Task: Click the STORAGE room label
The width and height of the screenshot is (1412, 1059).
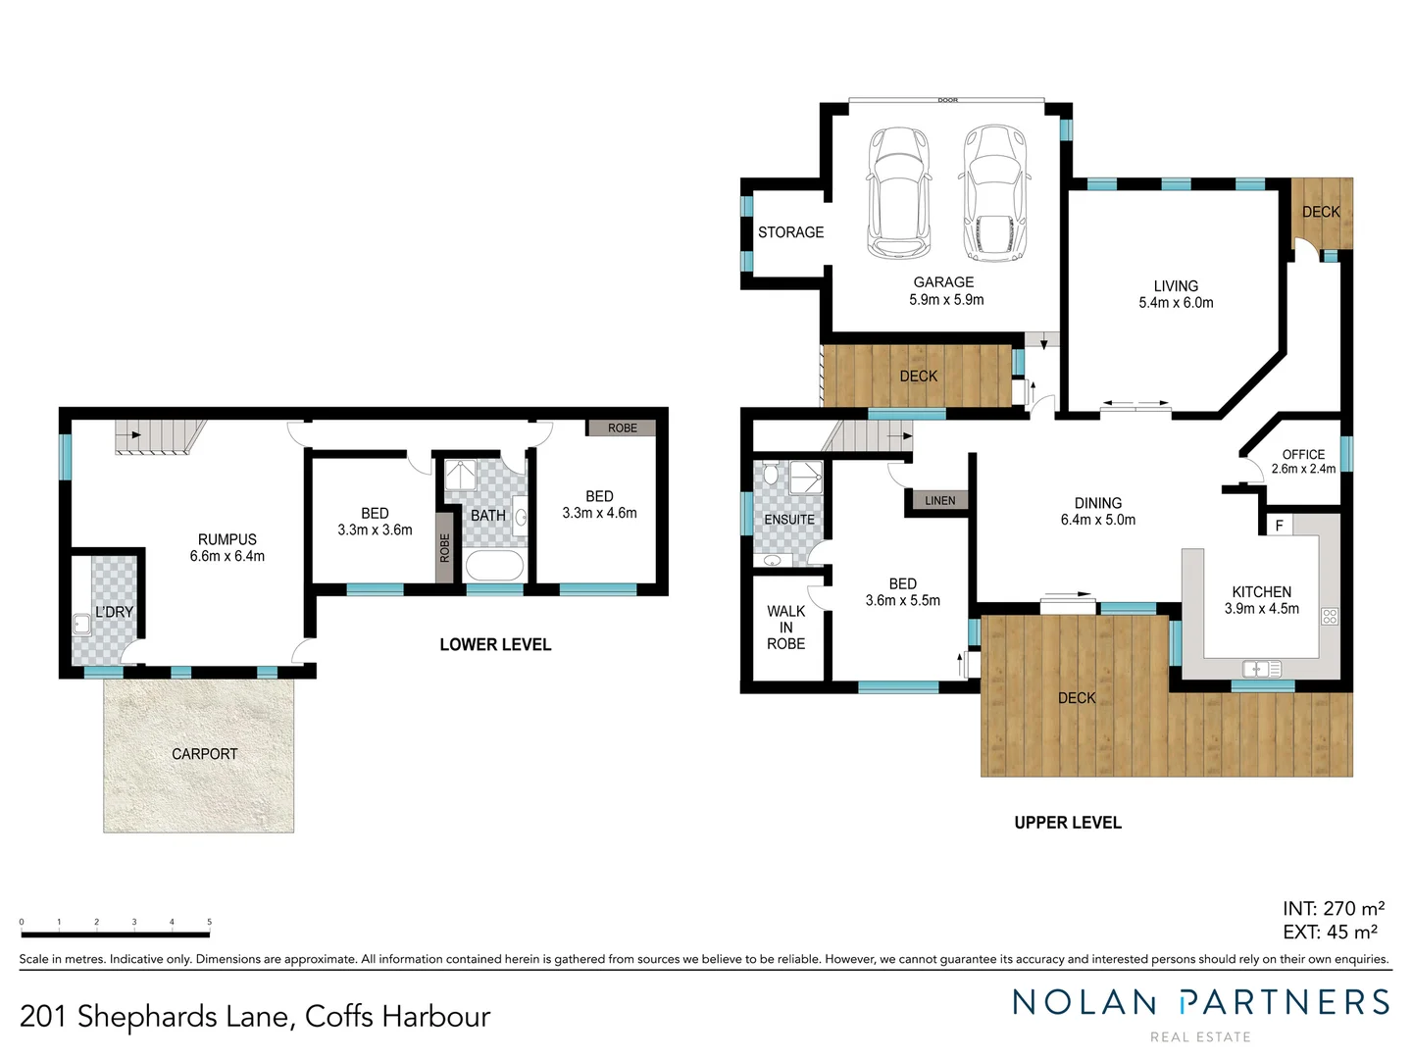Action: click(790, 232)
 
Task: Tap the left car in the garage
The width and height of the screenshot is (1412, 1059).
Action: click(897, 193)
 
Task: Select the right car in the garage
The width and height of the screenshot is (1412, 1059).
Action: click(994, 193)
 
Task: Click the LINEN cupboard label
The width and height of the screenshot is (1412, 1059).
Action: click(939, 501)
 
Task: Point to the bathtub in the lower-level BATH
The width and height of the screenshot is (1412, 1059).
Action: click(495, 567)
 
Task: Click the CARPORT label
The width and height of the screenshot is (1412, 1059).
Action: click(204, 754)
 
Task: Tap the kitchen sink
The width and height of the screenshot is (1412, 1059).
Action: click(1261, 669)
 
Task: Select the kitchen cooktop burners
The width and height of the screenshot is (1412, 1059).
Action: click(1330, 616)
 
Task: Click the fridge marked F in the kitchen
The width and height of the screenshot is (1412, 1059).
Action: click(1279, 526)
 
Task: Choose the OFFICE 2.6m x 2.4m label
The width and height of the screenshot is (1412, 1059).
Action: click(1303, 461)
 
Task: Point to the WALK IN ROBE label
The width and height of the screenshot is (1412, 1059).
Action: click(785, 628)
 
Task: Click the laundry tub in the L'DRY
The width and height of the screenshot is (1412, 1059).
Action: click(81, 624)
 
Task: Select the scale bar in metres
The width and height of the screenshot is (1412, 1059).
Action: click(115, 923)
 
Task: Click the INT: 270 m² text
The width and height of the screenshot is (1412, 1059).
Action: click(1333, 909)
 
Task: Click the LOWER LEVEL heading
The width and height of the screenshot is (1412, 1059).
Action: click(495, 644)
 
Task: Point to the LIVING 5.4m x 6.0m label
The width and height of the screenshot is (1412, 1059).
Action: click(1176, 294)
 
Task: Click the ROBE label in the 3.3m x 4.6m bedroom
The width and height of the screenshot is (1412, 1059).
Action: click(622, 429)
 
